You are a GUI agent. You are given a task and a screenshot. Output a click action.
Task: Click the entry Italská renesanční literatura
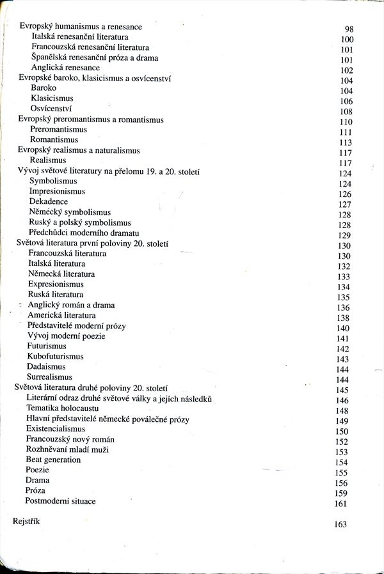(79, 37)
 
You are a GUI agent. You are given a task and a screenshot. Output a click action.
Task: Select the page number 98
(349, 29)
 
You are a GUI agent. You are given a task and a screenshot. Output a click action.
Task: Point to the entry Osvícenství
(51, 109)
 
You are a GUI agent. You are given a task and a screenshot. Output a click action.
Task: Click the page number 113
(346, 143)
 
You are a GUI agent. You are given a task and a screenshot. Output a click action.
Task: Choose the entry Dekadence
(48, 201)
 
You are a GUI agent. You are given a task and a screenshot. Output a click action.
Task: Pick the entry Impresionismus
(57, 191)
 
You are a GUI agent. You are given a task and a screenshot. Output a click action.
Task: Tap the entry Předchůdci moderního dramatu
(84, 233)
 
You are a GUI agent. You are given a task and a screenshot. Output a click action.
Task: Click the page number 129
(344, 235)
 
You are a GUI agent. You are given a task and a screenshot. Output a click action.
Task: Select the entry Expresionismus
(56, 284)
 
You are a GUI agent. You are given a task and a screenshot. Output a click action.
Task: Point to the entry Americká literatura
(61, 315)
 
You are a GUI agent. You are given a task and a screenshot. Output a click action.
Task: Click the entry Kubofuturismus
(55, 356)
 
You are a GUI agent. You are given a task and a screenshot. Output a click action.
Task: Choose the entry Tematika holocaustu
(62, 409)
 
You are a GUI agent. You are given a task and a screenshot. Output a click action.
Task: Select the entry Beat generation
(53, 460)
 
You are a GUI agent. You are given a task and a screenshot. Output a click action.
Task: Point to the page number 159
(341, 493)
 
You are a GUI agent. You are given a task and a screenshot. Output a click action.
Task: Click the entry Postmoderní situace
(60, 500)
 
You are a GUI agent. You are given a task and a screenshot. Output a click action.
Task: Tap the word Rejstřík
(26, 522)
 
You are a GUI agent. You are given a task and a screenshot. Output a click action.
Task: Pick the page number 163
(340, 524)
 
